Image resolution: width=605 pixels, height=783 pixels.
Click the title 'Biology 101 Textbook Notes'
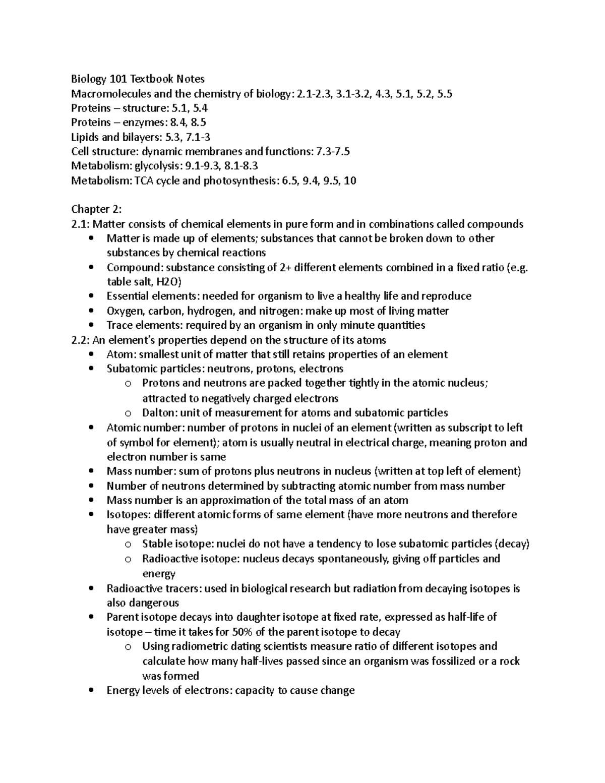(x=138, y=79)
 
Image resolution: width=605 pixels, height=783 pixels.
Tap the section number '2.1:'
(x=80, y=224)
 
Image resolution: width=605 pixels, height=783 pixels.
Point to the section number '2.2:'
(x=80, y=340)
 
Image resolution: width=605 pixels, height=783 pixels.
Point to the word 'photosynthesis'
(x=239, y=180)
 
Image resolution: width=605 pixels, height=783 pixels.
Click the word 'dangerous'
(x=154, y=603)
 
